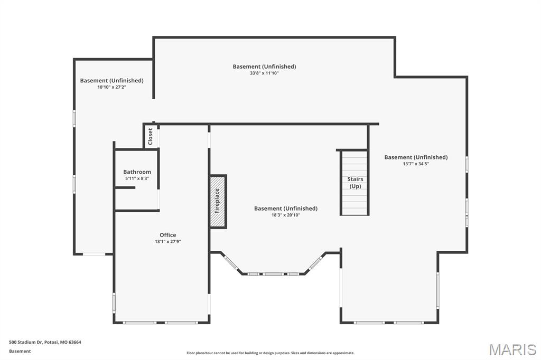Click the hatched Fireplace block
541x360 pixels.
(x=218, y=201)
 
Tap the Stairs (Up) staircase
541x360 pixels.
(x=355, y=183)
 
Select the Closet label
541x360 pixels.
(x=150, y=137)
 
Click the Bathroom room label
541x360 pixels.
(x=137, y=172)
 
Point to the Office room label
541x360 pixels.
(x=167, y=235)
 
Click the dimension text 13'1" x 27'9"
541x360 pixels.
(x=167, y=242)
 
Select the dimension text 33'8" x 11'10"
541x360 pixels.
(x=264, y=73)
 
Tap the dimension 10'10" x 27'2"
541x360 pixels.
(x=112, y=87)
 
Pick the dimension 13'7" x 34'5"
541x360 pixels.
(x=416, y=164)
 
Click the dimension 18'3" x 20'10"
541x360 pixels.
(x=286, y=215)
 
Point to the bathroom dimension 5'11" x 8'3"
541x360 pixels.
(x=137, y=178)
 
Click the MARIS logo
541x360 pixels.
(x=512, y=349)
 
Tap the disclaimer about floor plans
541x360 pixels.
(x=270, y=353)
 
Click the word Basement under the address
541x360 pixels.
(x=20, y=351)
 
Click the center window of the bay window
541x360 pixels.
(x=274, y=274)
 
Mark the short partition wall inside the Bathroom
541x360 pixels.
(x=125, y=187)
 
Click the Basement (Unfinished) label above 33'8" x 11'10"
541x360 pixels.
(x=264, y=67)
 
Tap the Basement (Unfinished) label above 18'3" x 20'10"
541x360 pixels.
(x=286, y=209)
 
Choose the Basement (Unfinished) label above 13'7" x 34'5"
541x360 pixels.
(x=416, y=157)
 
